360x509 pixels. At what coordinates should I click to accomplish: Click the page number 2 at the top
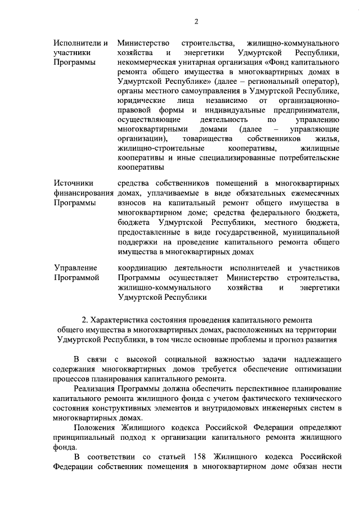tap(196, 21)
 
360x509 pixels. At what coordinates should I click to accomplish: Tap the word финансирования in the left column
tap(83, 193)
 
